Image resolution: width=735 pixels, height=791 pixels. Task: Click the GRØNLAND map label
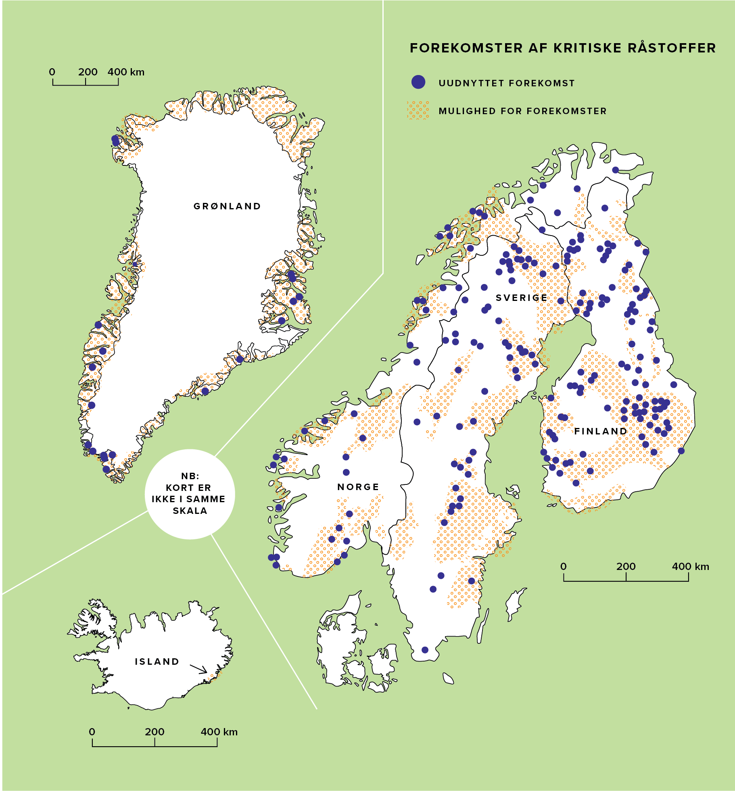click(x=227, y=206)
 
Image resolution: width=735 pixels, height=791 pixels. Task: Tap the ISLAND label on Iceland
click(x=157, y=662)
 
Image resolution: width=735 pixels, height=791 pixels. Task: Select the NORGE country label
click(x=358, y=487)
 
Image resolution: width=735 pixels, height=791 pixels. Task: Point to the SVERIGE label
click(x=522, y=298)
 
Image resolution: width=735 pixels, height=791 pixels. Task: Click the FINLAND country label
click(x=601, y=431)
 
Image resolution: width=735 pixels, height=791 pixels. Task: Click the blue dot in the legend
click(x=418, y=82)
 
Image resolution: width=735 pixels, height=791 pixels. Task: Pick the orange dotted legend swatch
click(x=418, y=110)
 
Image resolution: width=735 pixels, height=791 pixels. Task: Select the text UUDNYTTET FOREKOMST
click(x=506, y=83)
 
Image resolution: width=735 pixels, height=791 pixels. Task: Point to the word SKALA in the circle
click(x=190, y=511)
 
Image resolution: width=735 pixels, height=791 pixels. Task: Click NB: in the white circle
click(x=190, y=476)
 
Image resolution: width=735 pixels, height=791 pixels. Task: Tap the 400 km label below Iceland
click(x=219, y=732)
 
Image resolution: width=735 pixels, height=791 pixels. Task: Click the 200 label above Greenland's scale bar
click(x=88, y=72)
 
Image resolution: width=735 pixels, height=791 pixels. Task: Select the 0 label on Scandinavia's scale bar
click(x=564, y=566)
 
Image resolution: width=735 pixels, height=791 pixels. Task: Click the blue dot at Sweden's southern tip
click(x=425, y=650)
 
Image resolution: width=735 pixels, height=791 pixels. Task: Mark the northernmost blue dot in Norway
click(x=615, y=170)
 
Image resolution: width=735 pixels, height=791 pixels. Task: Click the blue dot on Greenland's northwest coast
click(x=115, y=140)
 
